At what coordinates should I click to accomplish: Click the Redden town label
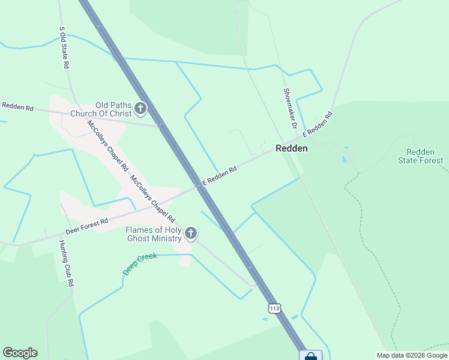coord(292,148)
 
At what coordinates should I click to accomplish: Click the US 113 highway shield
coord(274,308)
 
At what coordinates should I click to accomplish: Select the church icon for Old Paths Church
coord(140,109)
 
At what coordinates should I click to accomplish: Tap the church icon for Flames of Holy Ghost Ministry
coord(191,233)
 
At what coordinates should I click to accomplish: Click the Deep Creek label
coord(140,263)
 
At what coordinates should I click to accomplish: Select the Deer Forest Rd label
coord(87,227)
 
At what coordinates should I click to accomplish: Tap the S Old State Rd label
coord(63,47)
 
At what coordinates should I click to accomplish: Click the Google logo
coord(20,353)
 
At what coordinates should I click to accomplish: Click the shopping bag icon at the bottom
coord(310,356)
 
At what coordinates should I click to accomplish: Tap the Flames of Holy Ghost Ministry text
coord(153,234)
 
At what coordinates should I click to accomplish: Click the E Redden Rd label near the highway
coord(219,176)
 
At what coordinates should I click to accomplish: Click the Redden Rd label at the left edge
coord(17,107)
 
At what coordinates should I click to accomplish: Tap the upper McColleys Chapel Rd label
coord(108,143)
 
